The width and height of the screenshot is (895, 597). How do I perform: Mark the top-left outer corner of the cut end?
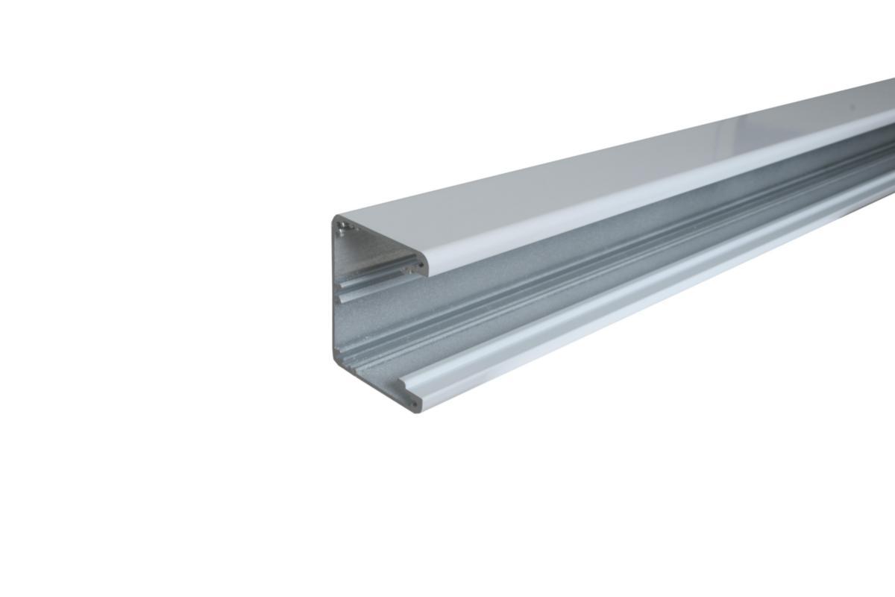[x=333, y=218]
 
